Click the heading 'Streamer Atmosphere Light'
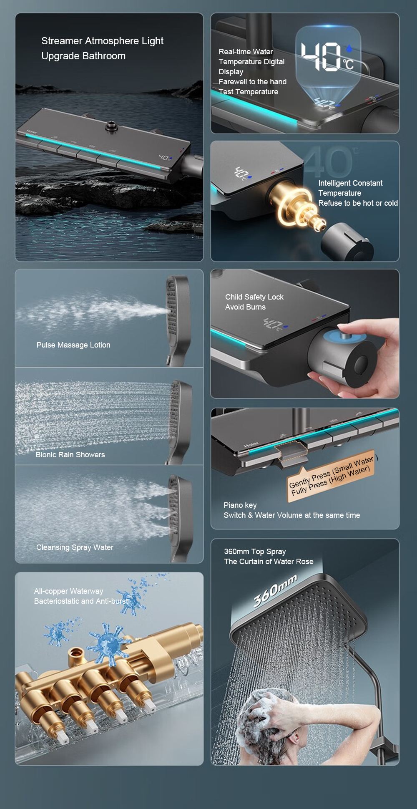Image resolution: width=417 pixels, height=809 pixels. click(102, 41)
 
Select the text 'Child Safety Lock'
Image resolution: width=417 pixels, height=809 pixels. click(254, 297)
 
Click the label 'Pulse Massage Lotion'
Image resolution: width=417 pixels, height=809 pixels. click(73, 345)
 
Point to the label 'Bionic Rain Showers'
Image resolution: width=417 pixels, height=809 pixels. click(70, 455)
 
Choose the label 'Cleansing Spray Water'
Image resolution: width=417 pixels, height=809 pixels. click(75, 547)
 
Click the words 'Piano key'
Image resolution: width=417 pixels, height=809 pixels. click(240, 505)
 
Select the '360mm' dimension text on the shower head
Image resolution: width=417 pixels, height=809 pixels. click(275, 590)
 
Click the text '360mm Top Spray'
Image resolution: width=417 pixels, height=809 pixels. click(255, 552)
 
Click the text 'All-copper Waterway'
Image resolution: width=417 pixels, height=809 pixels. click(69, 591)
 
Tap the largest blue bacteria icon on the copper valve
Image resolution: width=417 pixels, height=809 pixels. click(108, 645)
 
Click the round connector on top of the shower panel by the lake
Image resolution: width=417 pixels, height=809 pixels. click(111, 126)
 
